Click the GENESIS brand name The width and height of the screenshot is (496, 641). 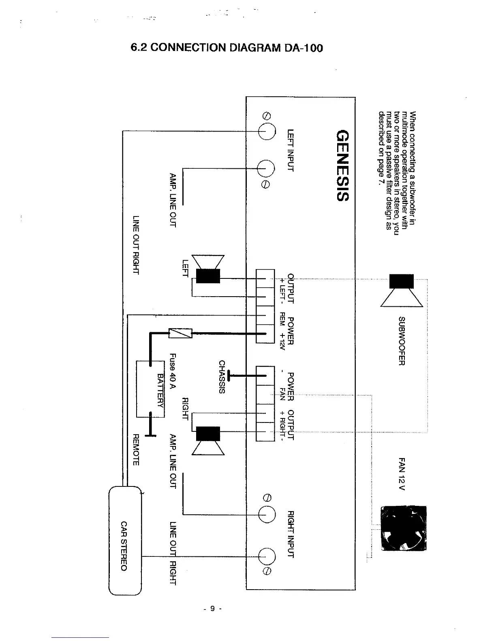(x=342, y=166)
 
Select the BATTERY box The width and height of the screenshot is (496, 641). (x=150, y=389)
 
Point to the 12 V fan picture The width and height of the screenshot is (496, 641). (x=404, y=528)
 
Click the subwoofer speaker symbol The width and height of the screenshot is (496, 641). (x=402, y=290)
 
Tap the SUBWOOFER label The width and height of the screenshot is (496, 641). (x=402, y=341)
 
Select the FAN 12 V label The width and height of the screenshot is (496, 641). (x=402, y=473)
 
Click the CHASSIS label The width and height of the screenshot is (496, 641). (x=222, y=376)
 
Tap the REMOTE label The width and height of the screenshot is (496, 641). (x=136, y=450)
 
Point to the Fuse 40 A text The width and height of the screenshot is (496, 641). (x=173, y=371)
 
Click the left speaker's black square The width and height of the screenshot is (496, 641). (x=208, y=276)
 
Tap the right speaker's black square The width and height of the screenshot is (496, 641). (x=208, y=433)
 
